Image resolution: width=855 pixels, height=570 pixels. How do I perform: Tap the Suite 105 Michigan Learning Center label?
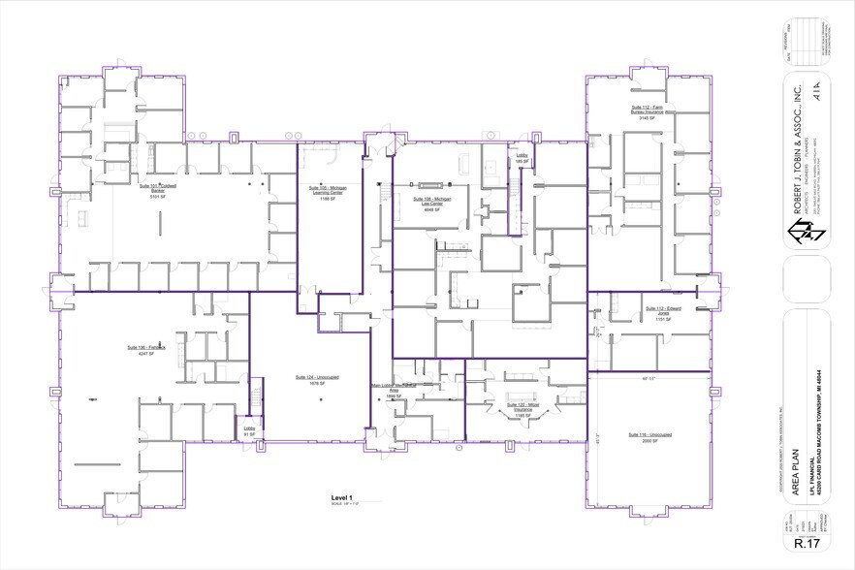[326, 190]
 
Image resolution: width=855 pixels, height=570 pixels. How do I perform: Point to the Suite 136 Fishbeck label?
[146, 348]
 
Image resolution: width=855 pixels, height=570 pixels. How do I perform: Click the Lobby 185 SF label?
[520, 157]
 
